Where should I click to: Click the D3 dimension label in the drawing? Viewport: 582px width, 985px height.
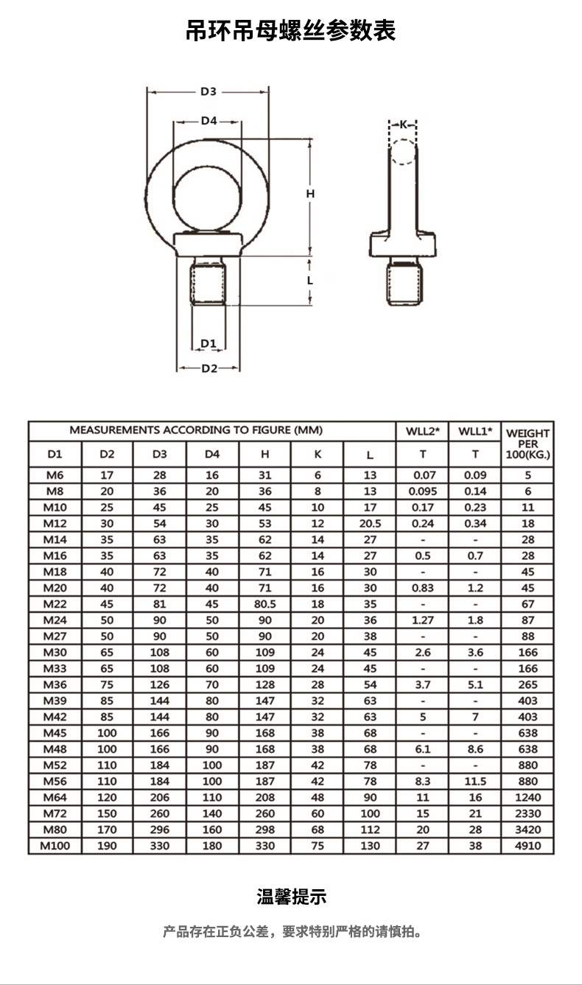coord(208,92)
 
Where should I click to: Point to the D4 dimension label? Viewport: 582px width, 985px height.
coord(208,121)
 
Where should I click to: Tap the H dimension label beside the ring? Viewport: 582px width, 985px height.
coord(310,194)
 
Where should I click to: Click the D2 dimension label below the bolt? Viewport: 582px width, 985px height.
coord(209,368)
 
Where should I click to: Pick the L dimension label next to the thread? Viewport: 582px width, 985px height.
coord(310,280)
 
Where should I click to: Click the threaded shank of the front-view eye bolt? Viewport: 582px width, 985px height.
coord(209,281)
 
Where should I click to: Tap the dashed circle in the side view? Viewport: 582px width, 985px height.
coord(403,153)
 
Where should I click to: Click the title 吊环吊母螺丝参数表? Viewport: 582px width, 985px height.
coord(291,31)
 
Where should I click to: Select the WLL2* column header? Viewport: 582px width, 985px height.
coord(422,431)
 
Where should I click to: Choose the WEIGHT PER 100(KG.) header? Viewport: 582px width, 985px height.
coord(527,444)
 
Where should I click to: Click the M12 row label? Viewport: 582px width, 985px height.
coord(55,524)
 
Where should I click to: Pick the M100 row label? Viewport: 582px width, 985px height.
coord(55,846)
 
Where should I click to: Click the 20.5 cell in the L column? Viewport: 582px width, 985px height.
coord(370,524)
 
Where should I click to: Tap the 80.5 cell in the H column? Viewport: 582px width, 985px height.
coord(264,604)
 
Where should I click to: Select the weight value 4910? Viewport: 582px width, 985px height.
coord(527,846)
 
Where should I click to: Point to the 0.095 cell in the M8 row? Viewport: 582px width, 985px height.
coord(422,491)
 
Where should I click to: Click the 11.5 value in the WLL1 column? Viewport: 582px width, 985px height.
coord(475,782)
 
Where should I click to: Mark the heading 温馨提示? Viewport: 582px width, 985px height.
coord(291,897)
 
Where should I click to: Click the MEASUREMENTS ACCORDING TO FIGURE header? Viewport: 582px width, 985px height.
coord(196,430)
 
